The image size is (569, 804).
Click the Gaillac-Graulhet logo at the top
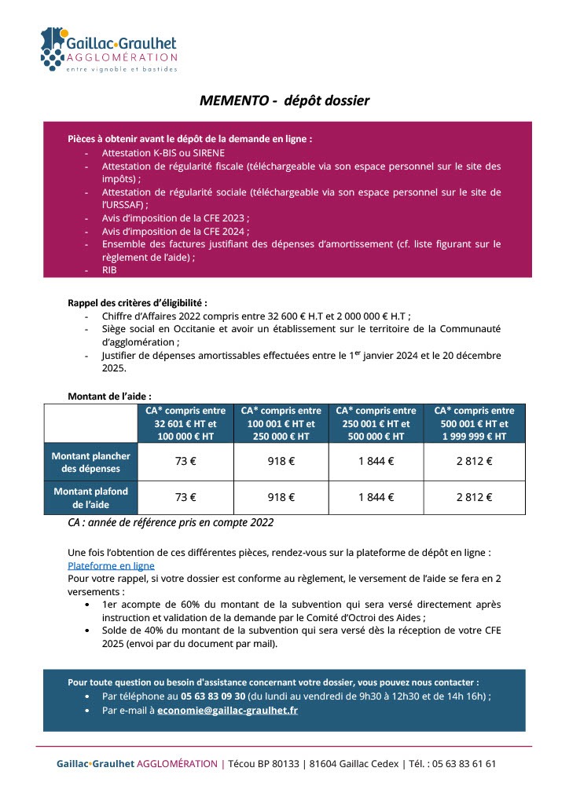point(109,49)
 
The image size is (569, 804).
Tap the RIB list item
point(109,269)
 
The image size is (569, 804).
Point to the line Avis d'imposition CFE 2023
point(175,217)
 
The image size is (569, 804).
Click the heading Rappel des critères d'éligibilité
point(138,302)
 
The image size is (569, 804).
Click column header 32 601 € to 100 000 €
point(185,423)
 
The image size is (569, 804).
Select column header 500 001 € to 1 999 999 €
point(474,423)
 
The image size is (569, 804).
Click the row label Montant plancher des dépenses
point(91,462)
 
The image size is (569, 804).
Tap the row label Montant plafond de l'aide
point(91,498)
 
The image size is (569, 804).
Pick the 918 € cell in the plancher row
point(281,462)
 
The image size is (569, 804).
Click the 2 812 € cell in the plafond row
point(474,497)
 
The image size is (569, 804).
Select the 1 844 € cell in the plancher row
point(376,462)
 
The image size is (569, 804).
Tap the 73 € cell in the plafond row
point(185,497)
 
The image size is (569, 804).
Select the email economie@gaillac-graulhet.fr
point(227,711)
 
